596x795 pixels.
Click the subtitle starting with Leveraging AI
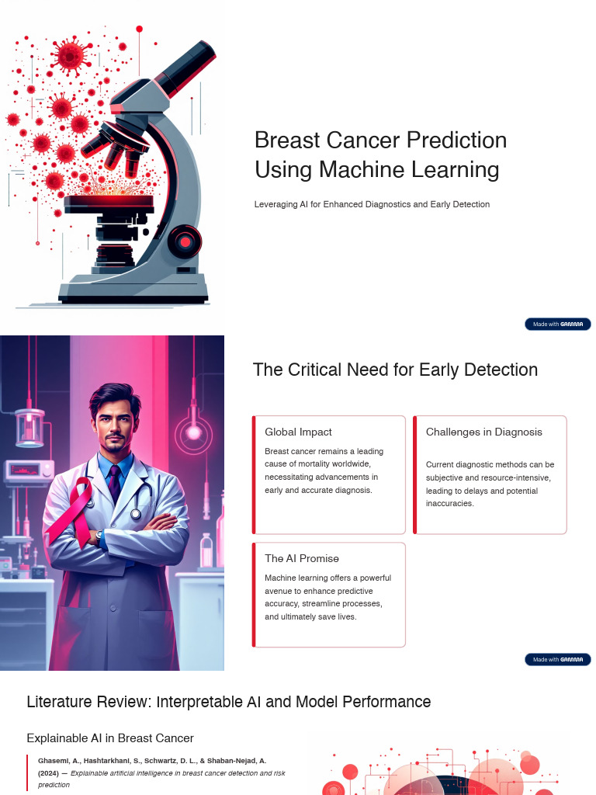(x=372, y=204)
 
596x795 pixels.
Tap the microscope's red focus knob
(x=185, y=242)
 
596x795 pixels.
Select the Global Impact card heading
(x=298, y=432)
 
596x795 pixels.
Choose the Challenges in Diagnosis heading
(x=483, y=432)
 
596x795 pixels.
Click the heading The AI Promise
(x=301, y=558)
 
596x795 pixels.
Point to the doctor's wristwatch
(x=99, y=535)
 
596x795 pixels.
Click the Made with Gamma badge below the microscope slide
(x=557, y=324)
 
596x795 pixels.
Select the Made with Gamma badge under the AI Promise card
(x=557, y=659)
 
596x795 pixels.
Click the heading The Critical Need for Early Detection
(x=395, y=370)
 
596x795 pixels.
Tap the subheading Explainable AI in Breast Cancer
(x=110, y=738)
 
